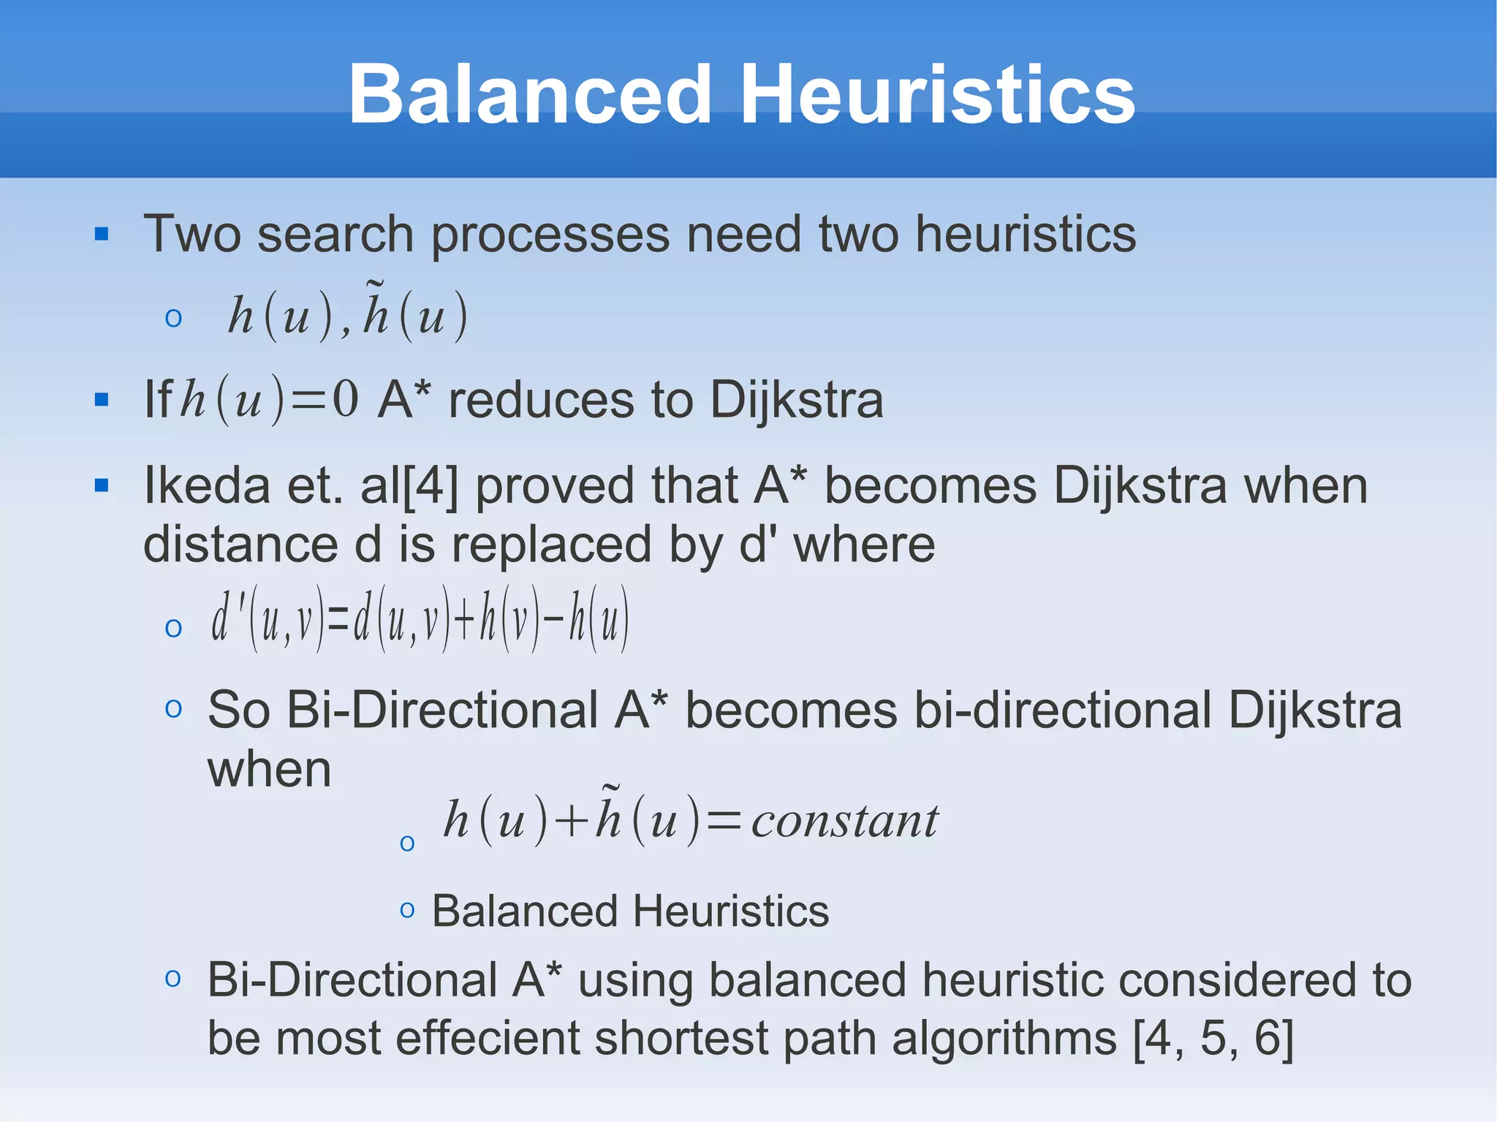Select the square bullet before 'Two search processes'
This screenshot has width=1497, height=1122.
click(x=102, y=235)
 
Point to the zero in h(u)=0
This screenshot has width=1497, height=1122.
click(x=345, y=399)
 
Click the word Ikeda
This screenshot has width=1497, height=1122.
click(x=207, y=485)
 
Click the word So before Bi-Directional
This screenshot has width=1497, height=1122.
click(x=239, y=710)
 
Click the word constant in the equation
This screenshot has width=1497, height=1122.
click(x=844, y=821)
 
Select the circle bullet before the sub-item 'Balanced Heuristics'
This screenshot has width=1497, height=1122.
click(x=407, y=911)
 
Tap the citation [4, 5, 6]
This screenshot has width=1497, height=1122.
click(x=1213, y=1038)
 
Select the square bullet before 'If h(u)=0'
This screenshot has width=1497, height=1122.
click(x=102, y=400)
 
